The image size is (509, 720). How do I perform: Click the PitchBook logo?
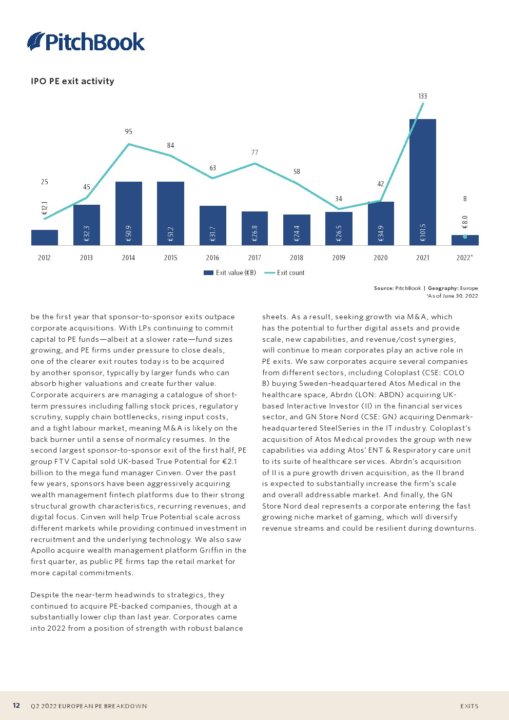point(86,42)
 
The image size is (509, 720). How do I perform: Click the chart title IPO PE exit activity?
point(72,81)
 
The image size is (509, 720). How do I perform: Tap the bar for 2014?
point(128,213)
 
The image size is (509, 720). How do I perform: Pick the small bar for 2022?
point(465,241)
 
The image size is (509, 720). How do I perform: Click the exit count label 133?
point(422,96)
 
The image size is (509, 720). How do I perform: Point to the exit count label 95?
point(128,131)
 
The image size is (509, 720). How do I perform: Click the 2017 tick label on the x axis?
point(254,258)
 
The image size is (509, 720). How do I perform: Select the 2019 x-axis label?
point(339,258)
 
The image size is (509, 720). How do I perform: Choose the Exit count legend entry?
point(285,273)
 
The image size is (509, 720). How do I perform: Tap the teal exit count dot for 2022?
point(465,237)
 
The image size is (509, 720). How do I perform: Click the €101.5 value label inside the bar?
point(423,232)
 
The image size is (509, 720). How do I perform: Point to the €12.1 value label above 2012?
point(45,208)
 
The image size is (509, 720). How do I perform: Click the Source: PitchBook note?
point(397,288)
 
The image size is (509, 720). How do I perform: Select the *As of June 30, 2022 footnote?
point(452,296)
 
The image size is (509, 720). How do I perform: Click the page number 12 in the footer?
point(16,706)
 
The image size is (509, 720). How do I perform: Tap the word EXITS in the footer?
point(469,706)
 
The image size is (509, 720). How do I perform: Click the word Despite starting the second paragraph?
point(44,595)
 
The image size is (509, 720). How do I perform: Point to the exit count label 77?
point(254,152)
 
